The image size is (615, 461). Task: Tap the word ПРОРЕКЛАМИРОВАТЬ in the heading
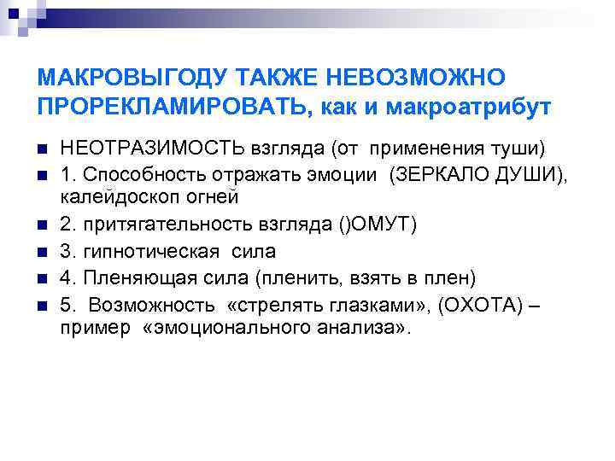coord(167,107)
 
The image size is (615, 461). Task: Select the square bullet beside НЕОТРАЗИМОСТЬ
coord(42,150)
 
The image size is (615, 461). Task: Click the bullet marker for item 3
coord(42,251)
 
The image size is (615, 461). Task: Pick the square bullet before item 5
coord(42,305)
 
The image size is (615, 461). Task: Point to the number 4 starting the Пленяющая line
coord(66,277)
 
